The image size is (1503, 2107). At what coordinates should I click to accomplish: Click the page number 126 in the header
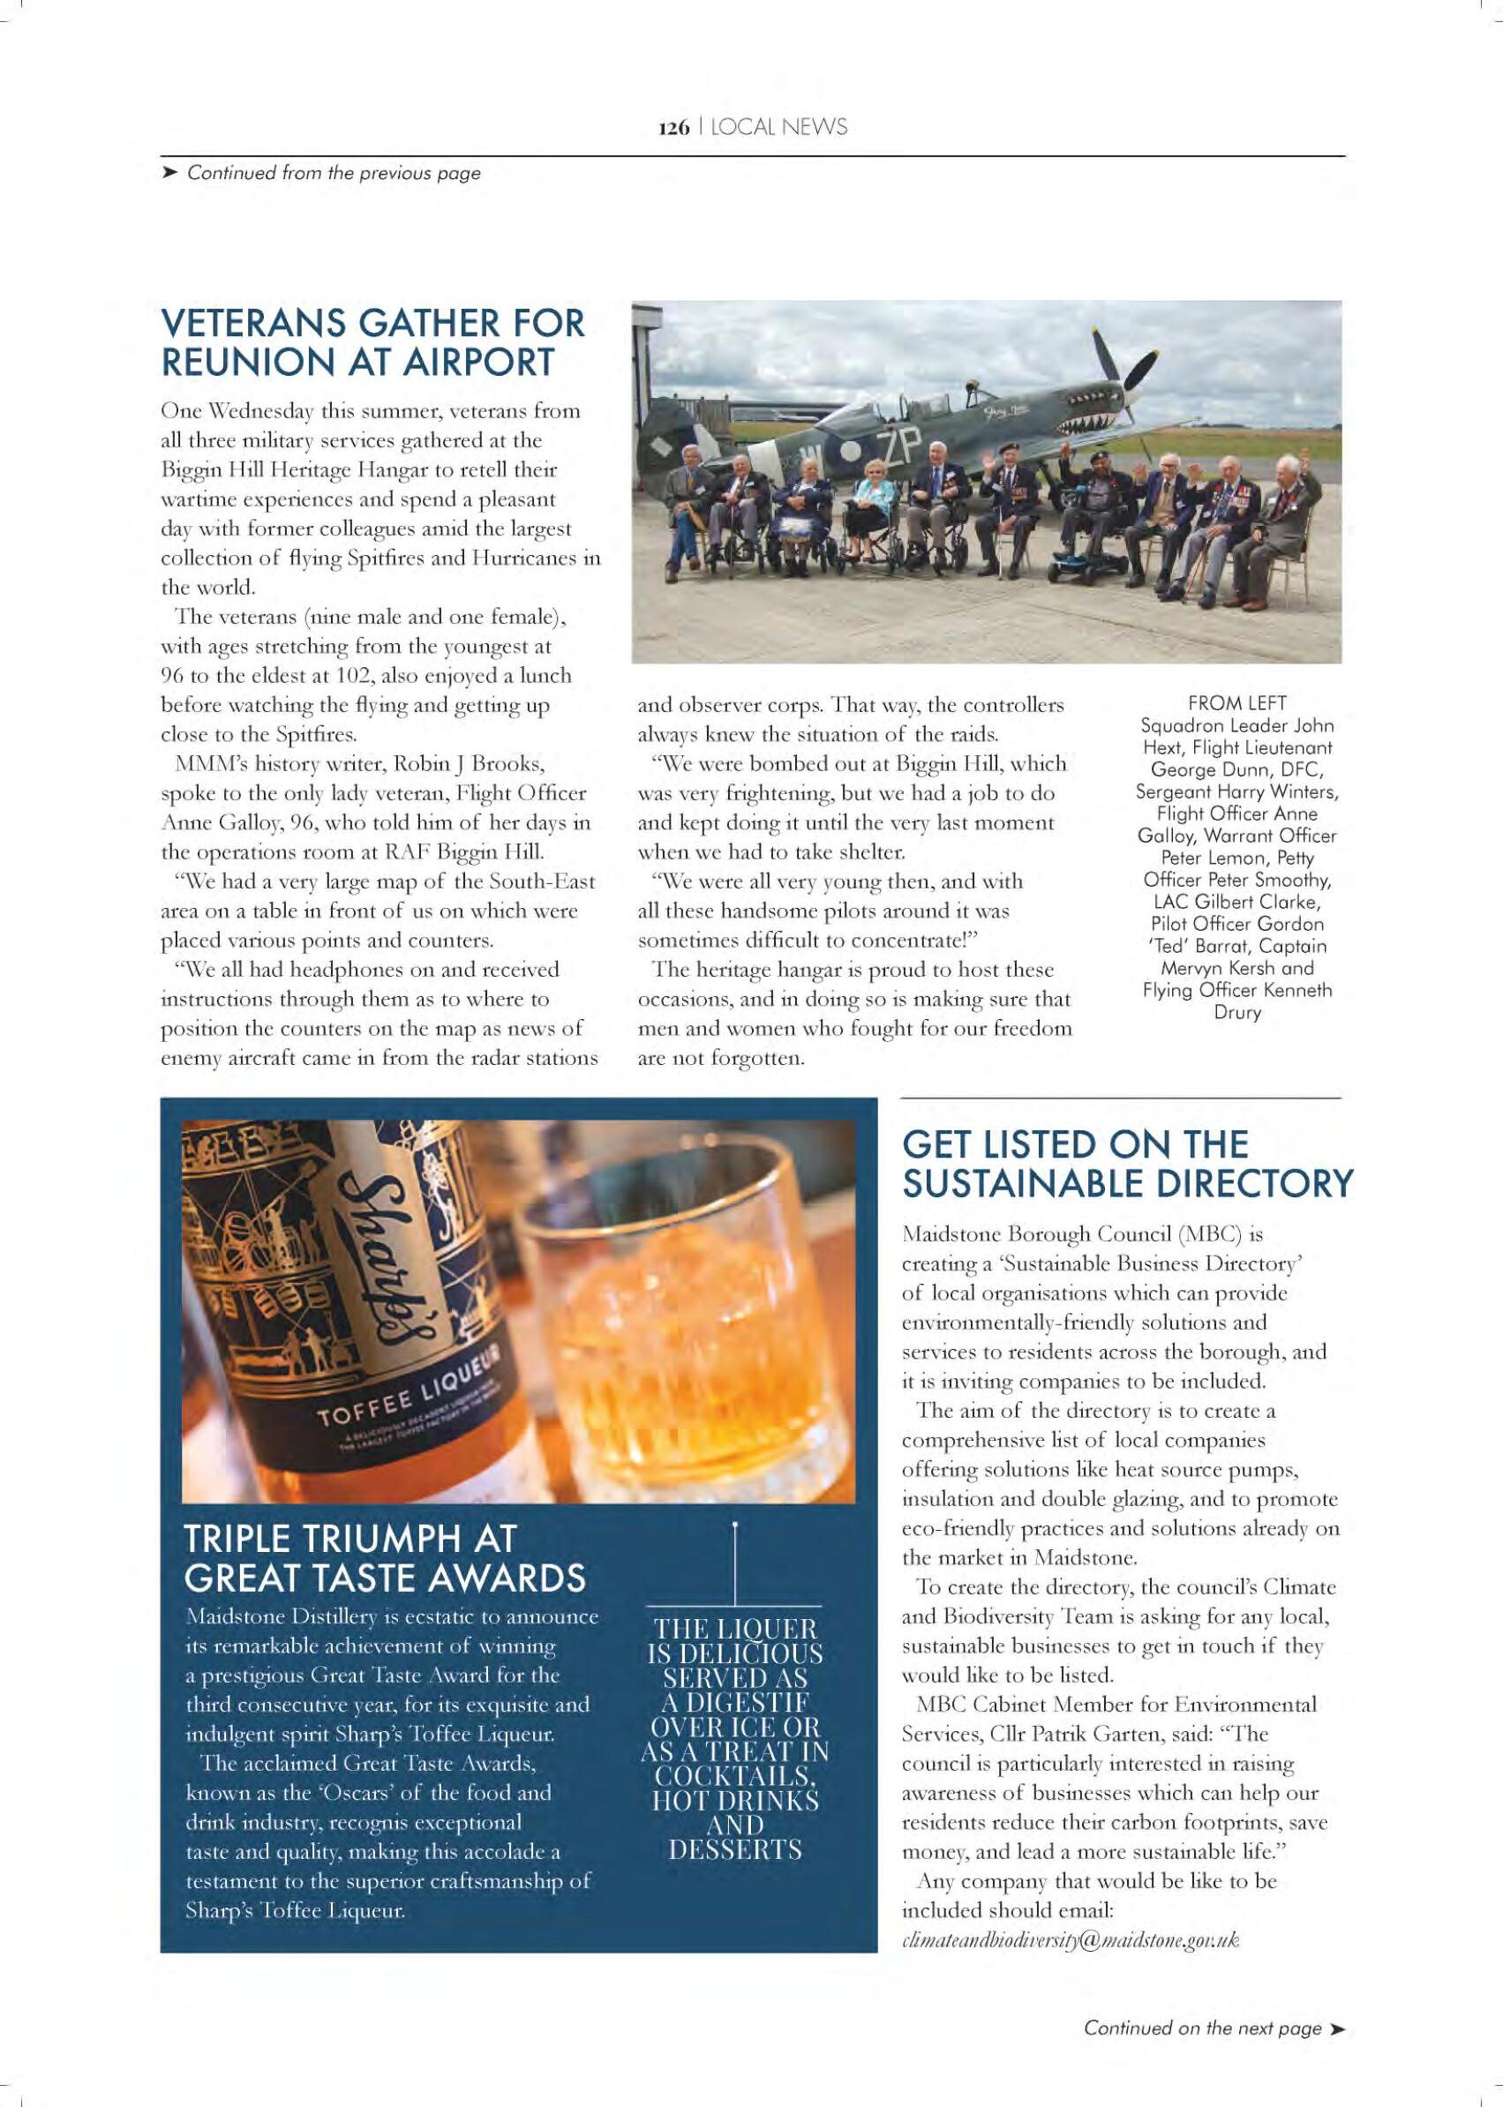(672, 128)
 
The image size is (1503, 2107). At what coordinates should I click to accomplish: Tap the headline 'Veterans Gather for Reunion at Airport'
(373, 342)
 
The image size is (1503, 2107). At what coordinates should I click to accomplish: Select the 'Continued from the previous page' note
(334, 173)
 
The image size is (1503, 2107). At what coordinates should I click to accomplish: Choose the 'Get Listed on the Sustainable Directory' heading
(1126, 1164)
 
